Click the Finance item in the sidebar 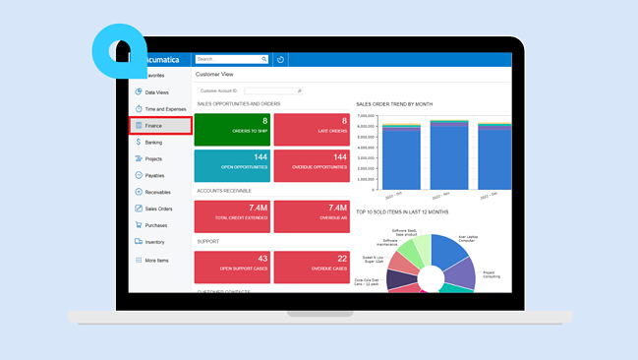pos(154,126)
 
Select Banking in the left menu pos(153,143)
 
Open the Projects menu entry pos(153,159)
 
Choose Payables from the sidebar pos(154,176)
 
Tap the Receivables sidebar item pos(157,193)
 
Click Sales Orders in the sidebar pos(158,210)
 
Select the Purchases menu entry pos(156,225)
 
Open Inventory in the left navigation pos(154,242)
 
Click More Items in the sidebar pos(156,261)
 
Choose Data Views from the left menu pos(156,92)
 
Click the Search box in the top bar pos(230,59)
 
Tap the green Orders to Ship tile pos(232,130)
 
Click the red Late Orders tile pos(312,130)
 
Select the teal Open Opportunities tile pos(232,165)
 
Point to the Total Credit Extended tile pos(232,216)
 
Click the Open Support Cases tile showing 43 pos(232,267)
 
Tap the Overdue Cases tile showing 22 pos(312,267)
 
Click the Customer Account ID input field pos(272,90)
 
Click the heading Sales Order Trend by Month pos(393,104)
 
